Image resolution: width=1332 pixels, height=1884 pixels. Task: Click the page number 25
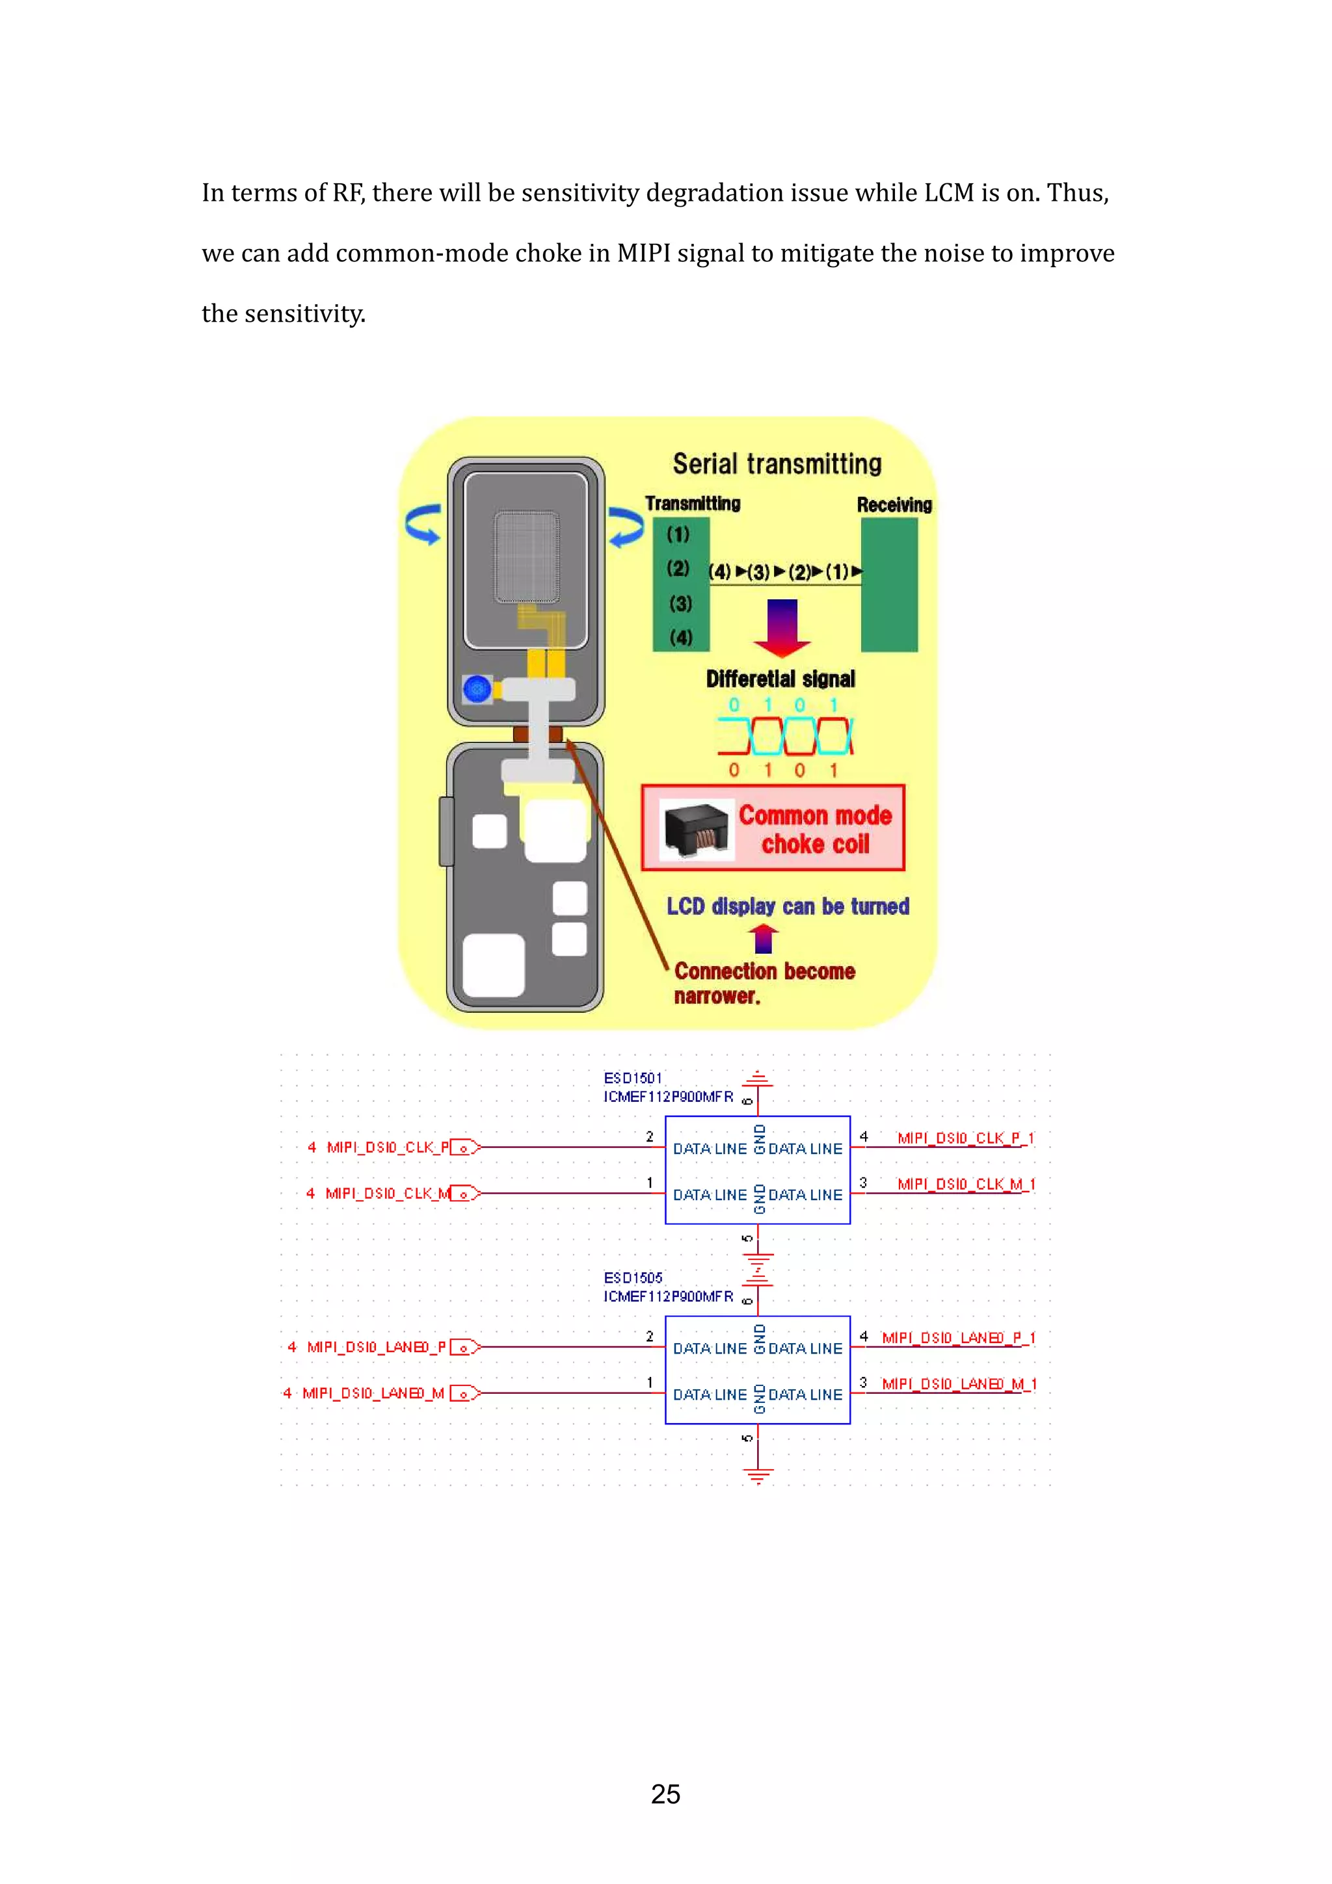coord(665,1794)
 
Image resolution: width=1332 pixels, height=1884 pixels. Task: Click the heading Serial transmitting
coord(777,464)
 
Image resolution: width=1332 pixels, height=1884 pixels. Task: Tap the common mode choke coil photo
coord(696,829)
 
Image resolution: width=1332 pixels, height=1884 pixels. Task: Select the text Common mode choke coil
coord(814,830)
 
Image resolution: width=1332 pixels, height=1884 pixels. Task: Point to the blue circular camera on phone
coord(477,688)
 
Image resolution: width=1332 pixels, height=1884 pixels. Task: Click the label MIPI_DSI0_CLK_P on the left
coord(388,1147)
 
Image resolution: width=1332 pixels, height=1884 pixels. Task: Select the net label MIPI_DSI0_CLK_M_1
coord(965,1184)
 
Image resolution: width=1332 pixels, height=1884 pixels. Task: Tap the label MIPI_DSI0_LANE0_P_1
coord(958,1337)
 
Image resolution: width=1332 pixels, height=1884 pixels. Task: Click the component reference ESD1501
coord(632,1079)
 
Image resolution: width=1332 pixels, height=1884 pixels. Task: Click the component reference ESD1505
coord(632,1277)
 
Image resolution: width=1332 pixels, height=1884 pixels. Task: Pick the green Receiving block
coord(889,584)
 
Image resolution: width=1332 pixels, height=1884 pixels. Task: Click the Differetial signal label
coord(780,679)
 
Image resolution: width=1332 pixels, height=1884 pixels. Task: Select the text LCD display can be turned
coord(787,907)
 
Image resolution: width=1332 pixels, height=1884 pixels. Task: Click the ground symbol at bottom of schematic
coord(758,1477)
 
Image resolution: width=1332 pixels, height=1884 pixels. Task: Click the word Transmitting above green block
coord(692,504)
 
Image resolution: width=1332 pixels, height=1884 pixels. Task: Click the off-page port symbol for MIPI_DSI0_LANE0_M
coord(464,1393)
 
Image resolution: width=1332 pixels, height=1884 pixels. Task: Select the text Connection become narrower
coord(764,983)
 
